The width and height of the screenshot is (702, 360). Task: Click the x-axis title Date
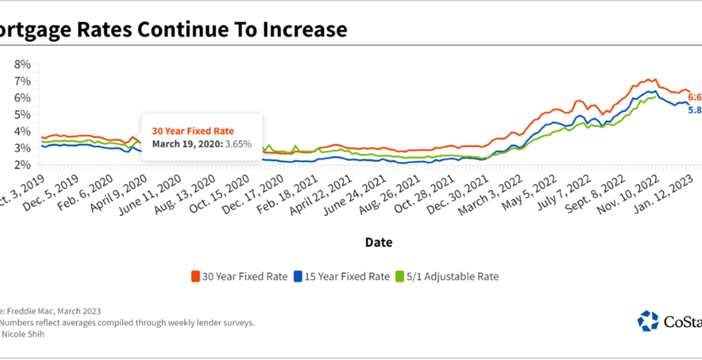(379, 242)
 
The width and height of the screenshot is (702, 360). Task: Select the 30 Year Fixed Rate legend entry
(238, 277)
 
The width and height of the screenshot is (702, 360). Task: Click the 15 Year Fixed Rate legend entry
(341, 277)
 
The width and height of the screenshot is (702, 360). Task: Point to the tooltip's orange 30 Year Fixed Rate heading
(193, 131)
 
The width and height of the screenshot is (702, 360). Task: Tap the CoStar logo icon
(648, 321)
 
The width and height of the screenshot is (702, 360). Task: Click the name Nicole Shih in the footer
(23, 334)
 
